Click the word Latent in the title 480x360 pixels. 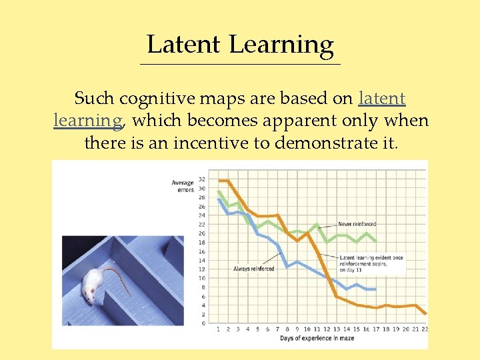coord(183,44)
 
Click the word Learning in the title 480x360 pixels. coord(281,45)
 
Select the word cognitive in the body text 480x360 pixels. coord(151,99)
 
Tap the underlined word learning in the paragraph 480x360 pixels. coord(87,121)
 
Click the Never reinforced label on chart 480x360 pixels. coord(357,225)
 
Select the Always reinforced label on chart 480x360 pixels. coord(253,269)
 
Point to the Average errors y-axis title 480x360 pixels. coord(182,186)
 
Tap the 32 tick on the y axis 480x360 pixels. coord(202,179)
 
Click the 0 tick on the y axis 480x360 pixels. coord(204,323)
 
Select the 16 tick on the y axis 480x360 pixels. coord(202,251)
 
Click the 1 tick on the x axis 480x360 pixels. coord(219,329)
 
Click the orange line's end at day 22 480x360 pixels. coord(425,313)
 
